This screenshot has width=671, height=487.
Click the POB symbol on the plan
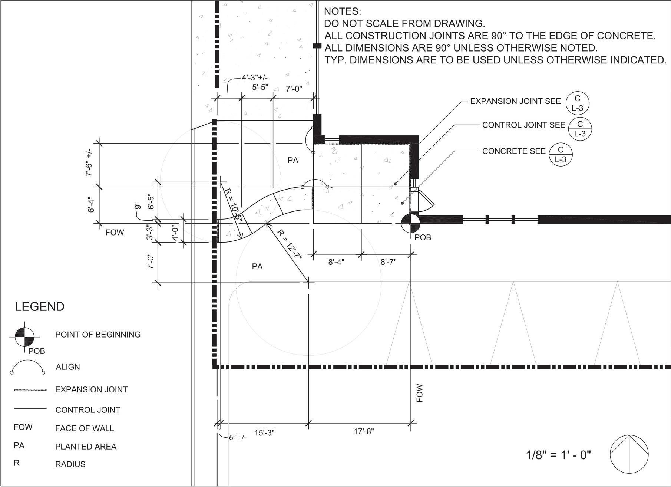click(x=410, y=223)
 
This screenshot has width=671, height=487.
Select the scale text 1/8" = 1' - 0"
click(x=558, y=455)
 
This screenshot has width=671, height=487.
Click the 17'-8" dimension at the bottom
click(x=364, y=431)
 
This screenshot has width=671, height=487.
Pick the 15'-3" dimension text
click(x=264, y=433)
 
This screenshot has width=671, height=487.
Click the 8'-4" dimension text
click(x=336, y=262)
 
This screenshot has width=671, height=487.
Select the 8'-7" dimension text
click(x=389, y=262)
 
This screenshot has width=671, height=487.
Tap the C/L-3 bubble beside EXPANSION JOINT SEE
click(x=577, y=103)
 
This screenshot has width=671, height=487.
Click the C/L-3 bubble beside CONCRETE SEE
click(x=561, y=154)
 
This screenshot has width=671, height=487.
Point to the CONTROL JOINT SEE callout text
click(x=523, y=125)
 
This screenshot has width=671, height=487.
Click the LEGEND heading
click(x=40, y=307)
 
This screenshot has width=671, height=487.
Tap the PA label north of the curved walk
click(x=293, y=161)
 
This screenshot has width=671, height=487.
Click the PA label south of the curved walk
click(x=257, y=266)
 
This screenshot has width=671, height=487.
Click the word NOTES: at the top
click(x=342, y=11)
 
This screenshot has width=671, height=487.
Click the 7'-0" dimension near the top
click(x=294, y=89)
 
